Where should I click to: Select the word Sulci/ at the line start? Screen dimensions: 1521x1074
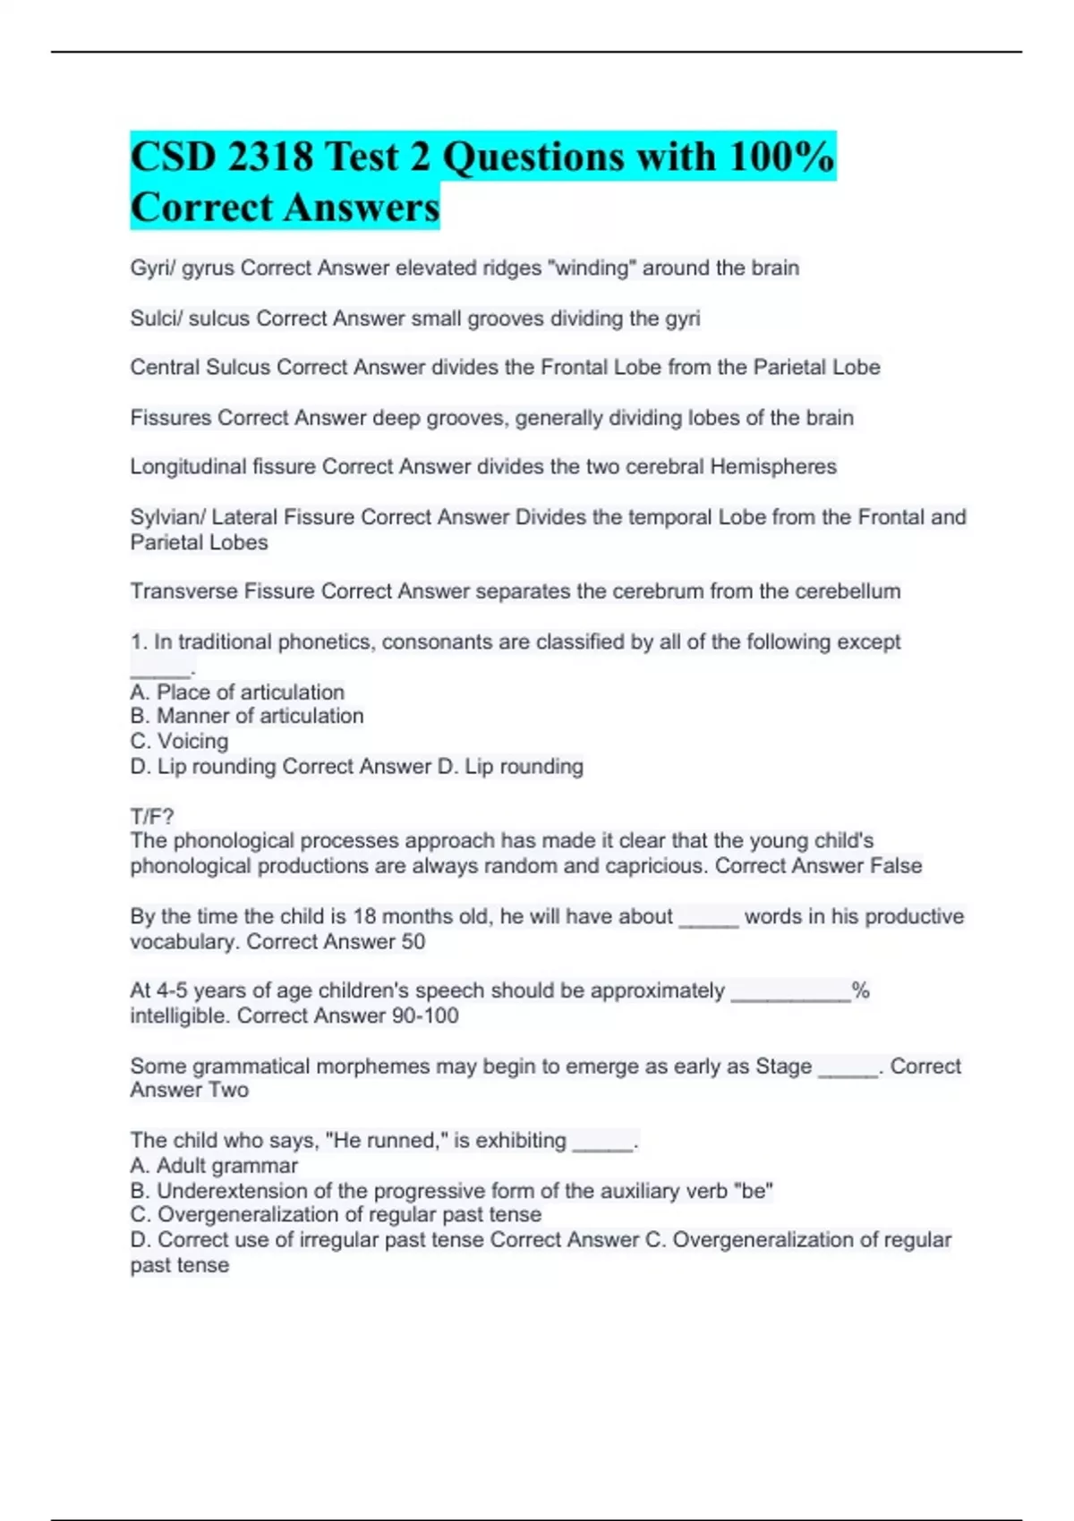(x=156, y=318)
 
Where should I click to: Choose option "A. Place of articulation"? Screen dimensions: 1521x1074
(x=237, y=692)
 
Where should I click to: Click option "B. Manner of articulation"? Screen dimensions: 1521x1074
(x=247, y=716)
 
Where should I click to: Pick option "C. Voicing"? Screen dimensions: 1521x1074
(x=179, y=741)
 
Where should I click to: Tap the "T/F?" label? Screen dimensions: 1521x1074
(x=152, y=816)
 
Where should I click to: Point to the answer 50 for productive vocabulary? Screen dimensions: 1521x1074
(x=413, y=941)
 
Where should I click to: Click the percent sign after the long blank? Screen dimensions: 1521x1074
(x=860, y=990)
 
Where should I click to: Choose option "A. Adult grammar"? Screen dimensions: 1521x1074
(x=214, y=1165)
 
